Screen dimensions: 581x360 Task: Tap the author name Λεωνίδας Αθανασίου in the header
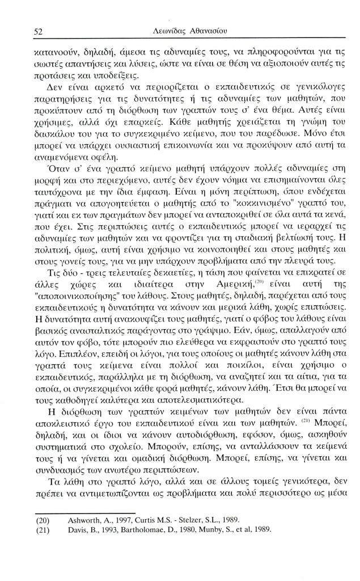[x=187, y=32]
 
